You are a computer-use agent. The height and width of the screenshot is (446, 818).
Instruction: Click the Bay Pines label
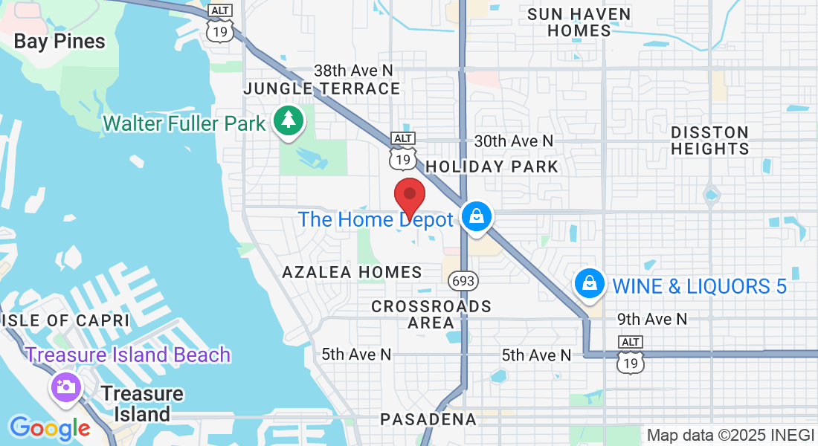(x=59, y=42)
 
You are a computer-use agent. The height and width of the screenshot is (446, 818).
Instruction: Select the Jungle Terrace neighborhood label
(x=322, y=89)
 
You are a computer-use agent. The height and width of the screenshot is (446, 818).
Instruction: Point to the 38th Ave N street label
(x=353, y=71)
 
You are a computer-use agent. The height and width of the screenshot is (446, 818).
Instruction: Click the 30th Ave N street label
(x=514, y=140)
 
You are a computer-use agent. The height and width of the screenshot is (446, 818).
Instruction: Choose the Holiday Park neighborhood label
(x=492, y=166)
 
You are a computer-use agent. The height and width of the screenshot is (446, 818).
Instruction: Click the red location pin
(x=409, y=197)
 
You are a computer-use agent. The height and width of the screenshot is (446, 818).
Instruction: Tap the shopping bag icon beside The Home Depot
(x=475, y=217)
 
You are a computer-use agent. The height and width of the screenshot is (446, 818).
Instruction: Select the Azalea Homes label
(x=352, y=273)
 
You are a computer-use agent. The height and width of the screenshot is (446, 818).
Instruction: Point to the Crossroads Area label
(x=431, y=314)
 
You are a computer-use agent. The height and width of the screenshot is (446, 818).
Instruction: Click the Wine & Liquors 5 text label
(x=699, y=286)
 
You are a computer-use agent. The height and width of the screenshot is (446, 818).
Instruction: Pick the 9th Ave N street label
(x=652, y=319)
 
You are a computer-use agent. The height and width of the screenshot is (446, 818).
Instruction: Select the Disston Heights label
(x=709, y=140)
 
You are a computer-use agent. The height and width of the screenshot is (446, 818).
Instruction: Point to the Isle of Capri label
(x=65, y=320)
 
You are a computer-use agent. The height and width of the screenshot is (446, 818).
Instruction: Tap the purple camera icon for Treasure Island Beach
(x=65, y=387)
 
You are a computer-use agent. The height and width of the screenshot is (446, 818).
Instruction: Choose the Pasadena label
(x=428, y=419)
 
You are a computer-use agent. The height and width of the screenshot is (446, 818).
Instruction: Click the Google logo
(x=50, y=428)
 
